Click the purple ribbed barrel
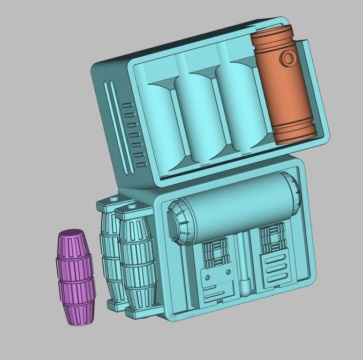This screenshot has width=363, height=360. coord(74,277)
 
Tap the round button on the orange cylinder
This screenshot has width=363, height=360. coord(288,58)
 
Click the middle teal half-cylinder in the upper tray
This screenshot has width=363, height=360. coord(199,115)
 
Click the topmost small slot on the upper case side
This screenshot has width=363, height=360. coord(127,106)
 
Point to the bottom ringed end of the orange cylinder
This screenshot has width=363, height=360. coord(294,133)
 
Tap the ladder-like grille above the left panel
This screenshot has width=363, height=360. coord(216,252)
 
